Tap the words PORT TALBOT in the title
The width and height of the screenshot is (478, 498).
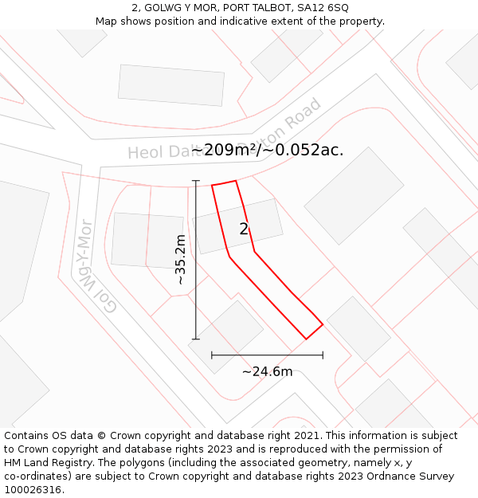point(253,7)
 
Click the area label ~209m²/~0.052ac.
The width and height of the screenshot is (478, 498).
point(268,150)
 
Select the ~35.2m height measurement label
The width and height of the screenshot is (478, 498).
point(180,260)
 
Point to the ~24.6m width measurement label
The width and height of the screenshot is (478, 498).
point(267,371)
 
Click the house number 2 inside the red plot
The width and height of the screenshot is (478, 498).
point(244,229)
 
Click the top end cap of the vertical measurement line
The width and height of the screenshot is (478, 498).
point(196,181)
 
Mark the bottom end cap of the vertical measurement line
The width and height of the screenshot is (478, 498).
point(196,339)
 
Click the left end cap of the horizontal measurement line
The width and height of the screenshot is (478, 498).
point(212,355)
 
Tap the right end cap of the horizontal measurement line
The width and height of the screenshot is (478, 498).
point(323,355)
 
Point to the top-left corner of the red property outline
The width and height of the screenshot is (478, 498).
point(212,186)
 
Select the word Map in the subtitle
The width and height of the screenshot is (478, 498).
point(108,22)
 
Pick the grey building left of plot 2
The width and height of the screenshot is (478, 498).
point(147,240)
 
